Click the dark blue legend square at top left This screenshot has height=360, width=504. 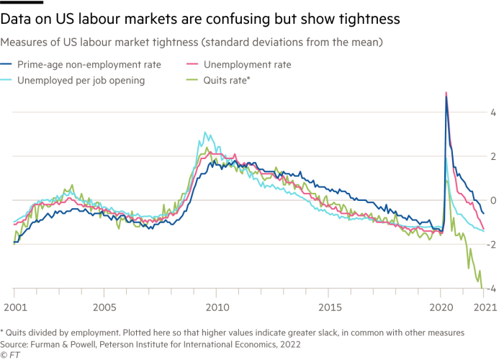click(x=9, y=70)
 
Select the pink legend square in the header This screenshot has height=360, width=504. click(x=194, y=70)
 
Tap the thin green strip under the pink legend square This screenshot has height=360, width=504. click(x=194, y=80)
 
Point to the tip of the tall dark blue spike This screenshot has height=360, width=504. click(x=446, y=97)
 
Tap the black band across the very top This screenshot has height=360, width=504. click(x=252, y=17)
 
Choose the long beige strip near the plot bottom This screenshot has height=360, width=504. click(x=245, y=294)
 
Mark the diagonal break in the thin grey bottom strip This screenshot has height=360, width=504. click(x=202, y=307)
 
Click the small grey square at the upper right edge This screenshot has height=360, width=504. click(x=497, y=117)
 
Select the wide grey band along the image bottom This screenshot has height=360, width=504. click(x=252, y=343)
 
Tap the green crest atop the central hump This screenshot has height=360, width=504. click(x=209, y=149)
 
